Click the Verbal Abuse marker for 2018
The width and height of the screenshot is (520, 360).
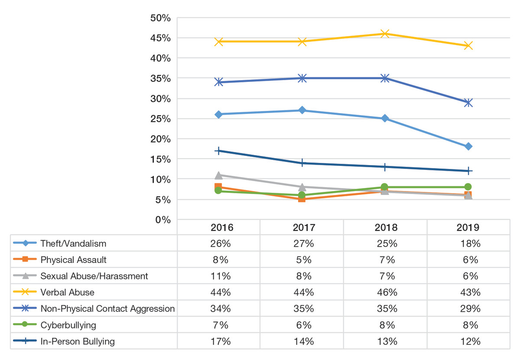[x=384, y=33]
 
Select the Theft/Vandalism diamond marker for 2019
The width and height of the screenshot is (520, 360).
[x=468, y=146]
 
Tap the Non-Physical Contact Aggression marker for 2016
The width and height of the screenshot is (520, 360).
[x=218, y=82]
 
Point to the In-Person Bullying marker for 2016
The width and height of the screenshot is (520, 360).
[x=218, y=151]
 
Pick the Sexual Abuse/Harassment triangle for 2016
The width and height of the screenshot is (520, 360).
[x=218, y=175]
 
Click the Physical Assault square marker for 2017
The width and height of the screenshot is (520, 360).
[x=302, y=199]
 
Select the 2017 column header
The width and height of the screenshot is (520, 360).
[x=302, y=227]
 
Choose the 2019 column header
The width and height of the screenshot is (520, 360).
[x=468, y=227]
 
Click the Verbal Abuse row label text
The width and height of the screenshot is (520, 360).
[x=67, y=292]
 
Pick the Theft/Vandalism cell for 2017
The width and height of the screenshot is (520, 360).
[x=302, y=243]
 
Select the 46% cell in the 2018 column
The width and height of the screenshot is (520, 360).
[x=384, y=292]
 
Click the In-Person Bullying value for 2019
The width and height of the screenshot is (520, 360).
[x=468, y=341]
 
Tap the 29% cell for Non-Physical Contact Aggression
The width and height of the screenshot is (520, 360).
[x=468, y=308]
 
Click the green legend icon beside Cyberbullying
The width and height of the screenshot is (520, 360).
[x=25, y=325]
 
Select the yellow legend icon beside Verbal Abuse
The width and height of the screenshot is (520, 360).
[x=25, y=292]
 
